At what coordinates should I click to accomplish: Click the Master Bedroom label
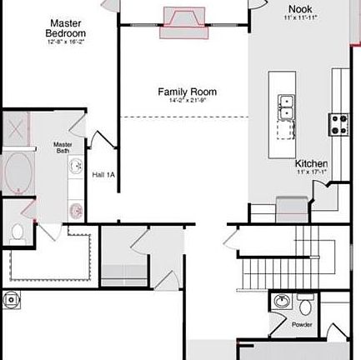66,27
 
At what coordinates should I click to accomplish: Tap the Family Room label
188,92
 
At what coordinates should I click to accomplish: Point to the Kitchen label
311,163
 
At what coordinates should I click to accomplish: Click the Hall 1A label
103,175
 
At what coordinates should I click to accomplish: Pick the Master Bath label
63,147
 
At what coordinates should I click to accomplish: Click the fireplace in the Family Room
184,18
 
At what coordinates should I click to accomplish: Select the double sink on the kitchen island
286,107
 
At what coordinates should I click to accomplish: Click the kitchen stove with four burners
339,123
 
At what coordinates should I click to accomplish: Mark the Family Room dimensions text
188,101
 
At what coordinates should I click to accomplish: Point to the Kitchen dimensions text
311,172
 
